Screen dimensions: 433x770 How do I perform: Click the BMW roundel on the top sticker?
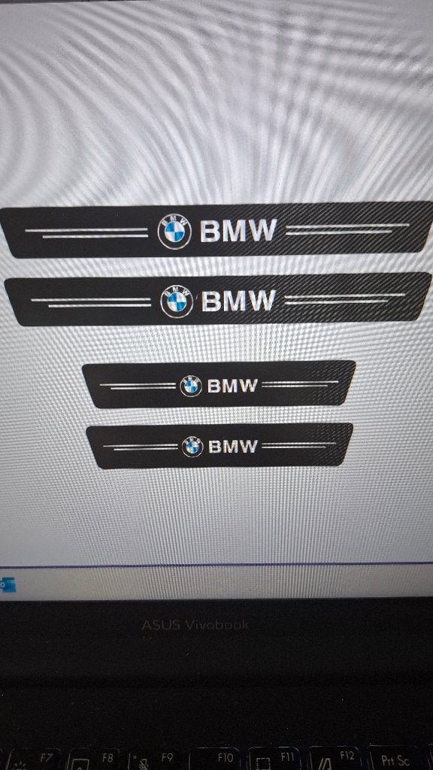174,232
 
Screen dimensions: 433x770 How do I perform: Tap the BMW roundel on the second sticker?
177,301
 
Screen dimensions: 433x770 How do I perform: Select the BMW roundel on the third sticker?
191,386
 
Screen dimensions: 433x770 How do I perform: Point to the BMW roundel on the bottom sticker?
192,447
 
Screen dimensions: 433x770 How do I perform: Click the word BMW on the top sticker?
238,230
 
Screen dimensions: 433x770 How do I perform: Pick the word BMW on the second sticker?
238,300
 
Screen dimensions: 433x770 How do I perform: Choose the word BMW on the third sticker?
232,386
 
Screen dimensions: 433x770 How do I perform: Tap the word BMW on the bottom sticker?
233,447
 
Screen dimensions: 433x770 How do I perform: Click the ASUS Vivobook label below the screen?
195,625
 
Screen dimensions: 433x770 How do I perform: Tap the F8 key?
93,759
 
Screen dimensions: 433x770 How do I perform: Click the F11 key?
274,759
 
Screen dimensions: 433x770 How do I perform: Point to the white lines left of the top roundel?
86,233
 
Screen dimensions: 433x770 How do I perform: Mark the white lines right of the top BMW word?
347,229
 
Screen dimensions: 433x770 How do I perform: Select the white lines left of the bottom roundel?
141,447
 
